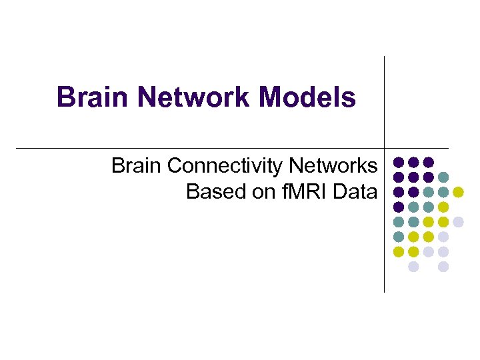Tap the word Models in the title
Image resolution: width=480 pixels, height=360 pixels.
[307, 97]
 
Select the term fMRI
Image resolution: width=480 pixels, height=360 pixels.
[301, 191]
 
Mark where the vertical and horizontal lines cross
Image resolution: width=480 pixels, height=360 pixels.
[385, 147]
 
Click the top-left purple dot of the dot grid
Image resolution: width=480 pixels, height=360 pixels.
[399, 162]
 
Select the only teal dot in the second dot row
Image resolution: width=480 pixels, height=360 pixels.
[443, 177]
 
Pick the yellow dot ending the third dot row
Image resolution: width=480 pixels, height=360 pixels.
[458, 192]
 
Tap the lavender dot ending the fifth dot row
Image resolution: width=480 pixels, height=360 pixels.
[458, 221]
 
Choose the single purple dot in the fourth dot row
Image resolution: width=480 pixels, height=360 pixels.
[399, 207]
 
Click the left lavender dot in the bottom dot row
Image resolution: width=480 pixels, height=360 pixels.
[413, 266]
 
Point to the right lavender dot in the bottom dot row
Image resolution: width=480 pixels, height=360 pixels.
[443, 266]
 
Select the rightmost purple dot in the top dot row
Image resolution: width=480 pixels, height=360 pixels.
[429, 162]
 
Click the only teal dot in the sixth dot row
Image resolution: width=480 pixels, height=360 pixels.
[399, 237]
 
